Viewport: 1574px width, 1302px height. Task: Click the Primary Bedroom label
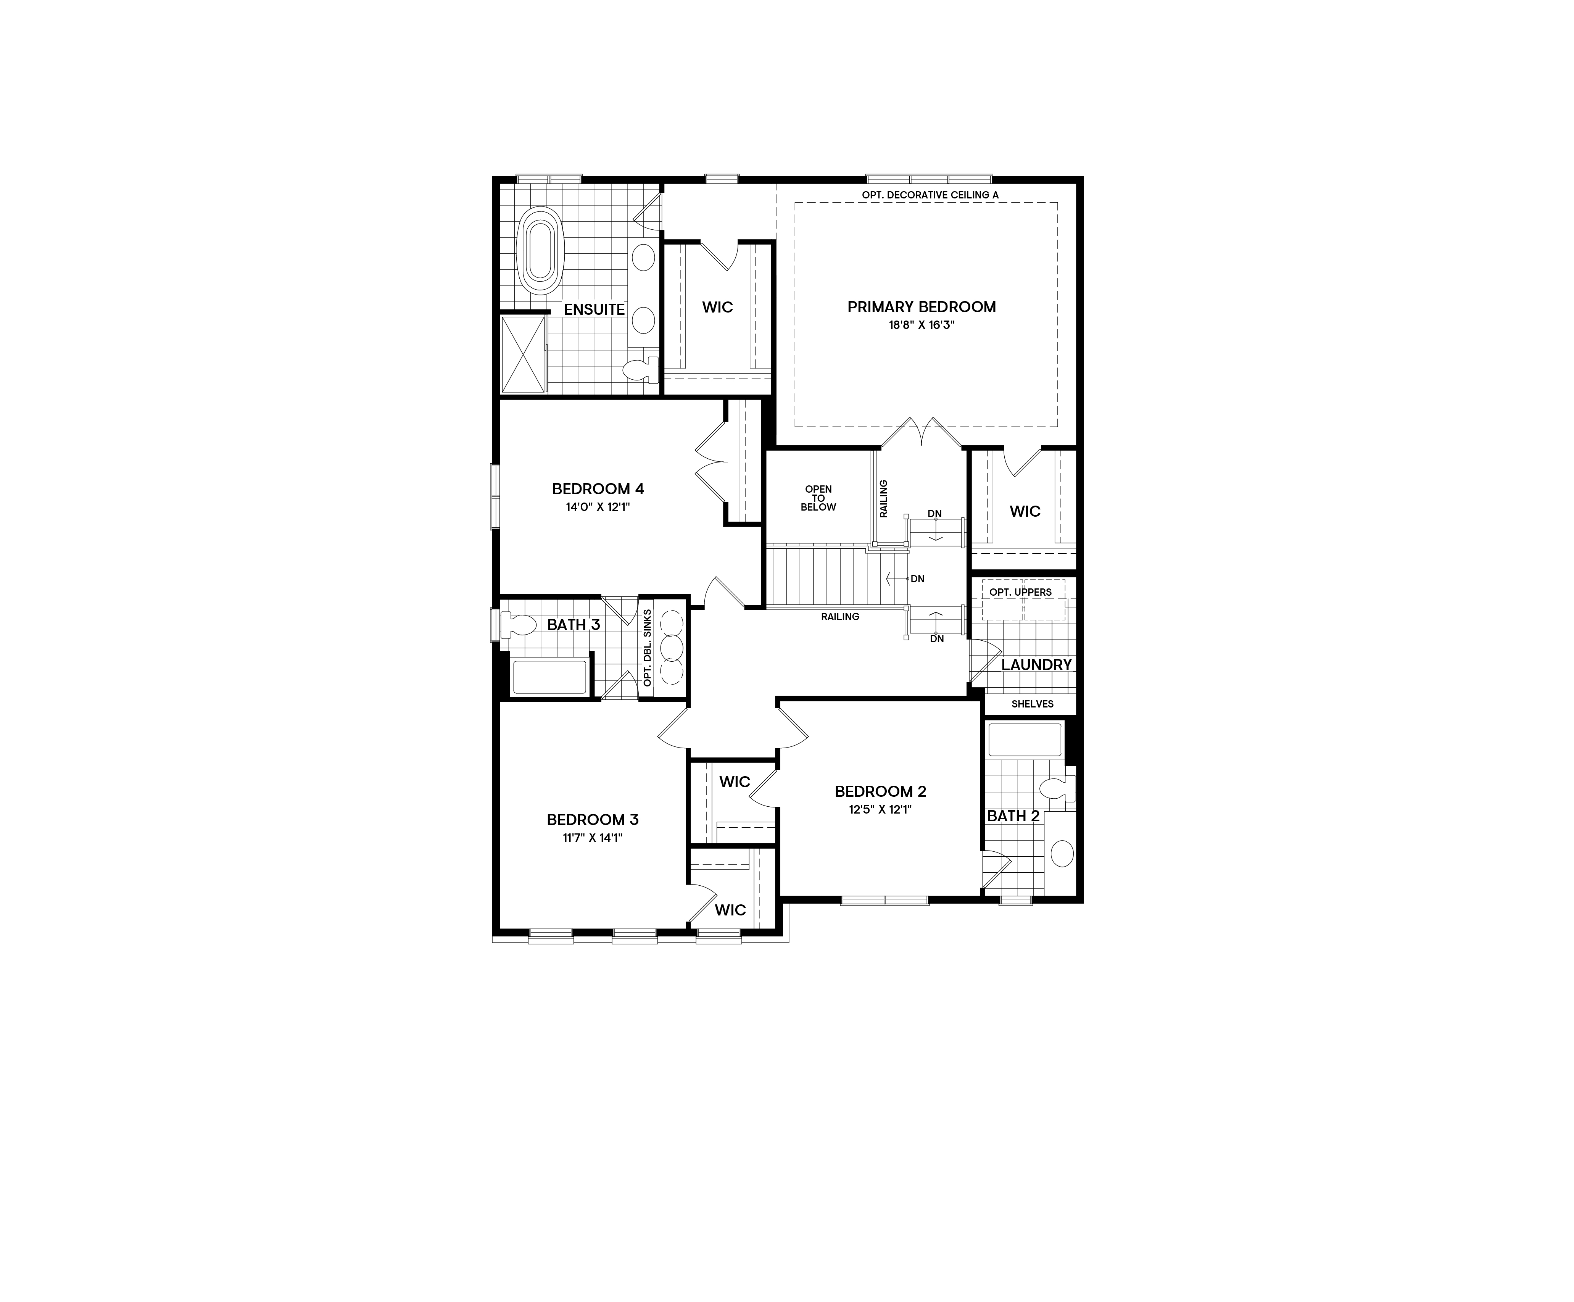tap(921, 306)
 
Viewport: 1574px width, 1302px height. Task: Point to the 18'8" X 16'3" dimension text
tap(921, 325)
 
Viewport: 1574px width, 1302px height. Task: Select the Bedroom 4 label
tap(598, 489)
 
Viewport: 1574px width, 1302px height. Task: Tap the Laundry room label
tap(1036, 665)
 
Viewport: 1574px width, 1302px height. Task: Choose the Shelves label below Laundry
tap(1032, 704)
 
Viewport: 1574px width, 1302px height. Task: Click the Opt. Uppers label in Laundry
tap(1020, 592)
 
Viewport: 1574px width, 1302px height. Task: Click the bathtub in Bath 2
tap(1025, 739)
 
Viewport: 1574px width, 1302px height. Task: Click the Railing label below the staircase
tap(839, 617)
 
